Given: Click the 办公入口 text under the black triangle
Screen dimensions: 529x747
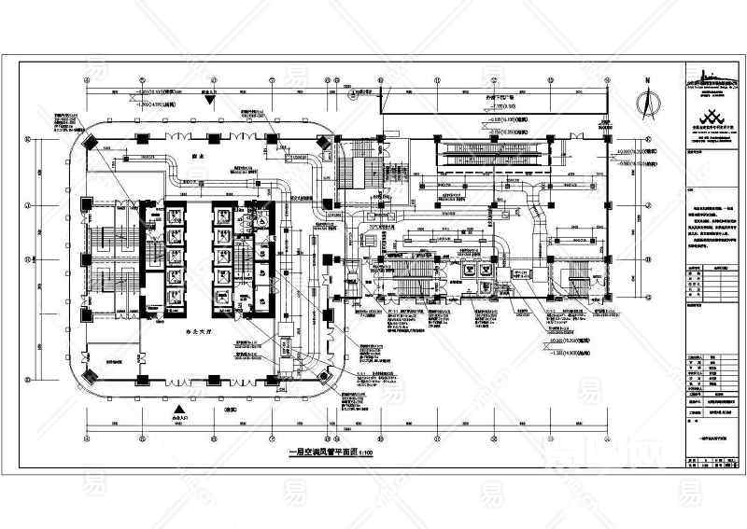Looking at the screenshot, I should (176, 419).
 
